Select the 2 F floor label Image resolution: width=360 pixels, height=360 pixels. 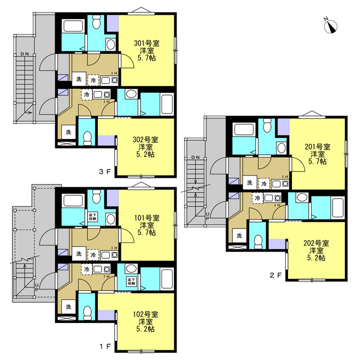pyautogui.click(x=276, y=275)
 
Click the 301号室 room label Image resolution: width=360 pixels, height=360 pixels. pyautogui.click(x=146, y=43)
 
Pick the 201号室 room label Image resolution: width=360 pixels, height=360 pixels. pyautogui.click(x=317, y=147)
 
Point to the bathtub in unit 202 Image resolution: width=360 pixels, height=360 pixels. pyautogui.click(x=337, y=207)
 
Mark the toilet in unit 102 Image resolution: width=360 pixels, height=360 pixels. pyautogui.click(x=87, y=312)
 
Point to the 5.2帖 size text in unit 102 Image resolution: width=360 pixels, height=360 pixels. pyautogui.click(x=146, y=330)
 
